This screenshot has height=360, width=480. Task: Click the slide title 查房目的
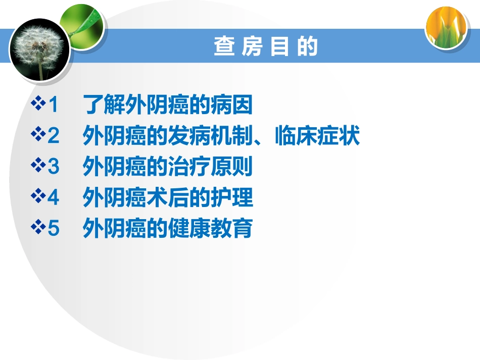tap(266, 47)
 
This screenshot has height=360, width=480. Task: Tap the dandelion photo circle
tap(39, 49)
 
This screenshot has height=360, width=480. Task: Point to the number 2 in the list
tap(54, 136)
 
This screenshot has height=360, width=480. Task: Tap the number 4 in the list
tap(54, 198)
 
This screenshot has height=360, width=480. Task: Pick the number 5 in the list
tap(54, 228)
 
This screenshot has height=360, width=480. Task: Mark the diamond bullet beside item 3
tap(38, 167)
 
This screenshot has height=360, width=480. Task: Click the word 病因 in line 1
tap(235, 106)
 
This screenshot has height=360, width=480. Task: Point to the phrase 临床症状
tap(317, 136)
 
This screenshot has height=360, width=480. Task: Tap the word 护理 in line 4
tap(236, 198)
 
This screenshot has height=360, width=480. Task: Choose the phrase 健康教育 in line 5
tap(218, 228)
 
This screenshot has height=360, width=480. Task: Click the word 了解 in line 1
tap(100, 106)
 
